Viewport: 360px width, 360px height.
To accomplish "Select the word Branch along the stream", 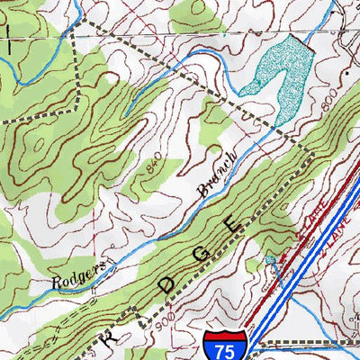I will (217, 173).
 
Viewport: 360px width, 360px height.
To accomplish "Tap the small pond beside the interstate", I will (271, 263).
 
